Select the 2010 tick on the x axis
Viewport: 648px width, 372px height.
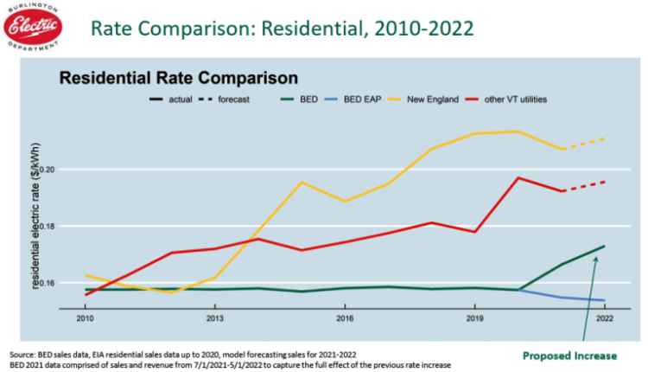click(x=85, y=317)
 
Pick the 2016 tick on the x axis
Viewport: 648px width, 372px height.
click(x=344, y=317)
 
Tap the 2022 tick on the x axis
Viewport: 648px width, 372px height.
click(x=603, y=317)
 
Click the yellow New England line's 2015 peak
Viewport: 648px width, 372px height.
click(x=301, y=182)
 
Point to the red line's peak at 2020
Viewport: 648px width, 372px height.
click(x=517, y=177)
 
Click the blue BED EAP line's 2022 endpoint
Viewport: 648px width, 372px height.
click(x=603, y=300)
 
